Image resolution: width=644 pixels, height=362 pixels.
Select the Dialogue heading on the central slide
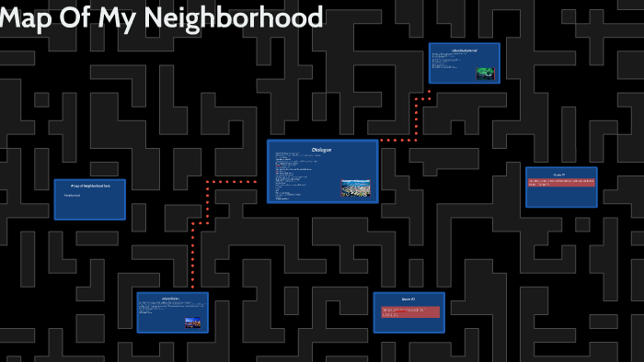[x=322, y=150]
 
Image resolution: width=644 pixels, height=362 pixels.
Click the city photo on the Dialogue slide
[x=358, y=188]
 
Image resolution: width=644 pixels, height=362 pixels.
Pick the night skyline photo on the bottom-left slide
[x=193, y=322]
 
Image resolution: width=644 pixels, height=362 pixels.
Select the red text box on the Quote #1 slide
[x=561, y=183]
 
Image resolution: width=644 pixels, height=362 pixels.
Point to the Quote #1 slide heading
[x=561, y=174]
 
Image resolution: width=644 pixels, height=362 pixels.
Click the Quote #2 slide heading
[x=409, y=300]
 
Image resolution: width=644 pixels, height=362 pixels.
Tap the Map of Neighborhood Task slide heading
[x=89, y=186]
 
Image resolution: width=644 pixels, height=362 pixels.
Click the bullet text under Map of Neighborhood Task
[x=73, y=196]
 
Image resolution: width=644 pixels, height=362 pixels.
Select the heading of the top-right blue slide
[x=464, y=49]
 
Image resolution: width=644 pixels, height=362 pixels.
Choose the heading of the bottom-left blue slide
[x=172, y=299]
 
